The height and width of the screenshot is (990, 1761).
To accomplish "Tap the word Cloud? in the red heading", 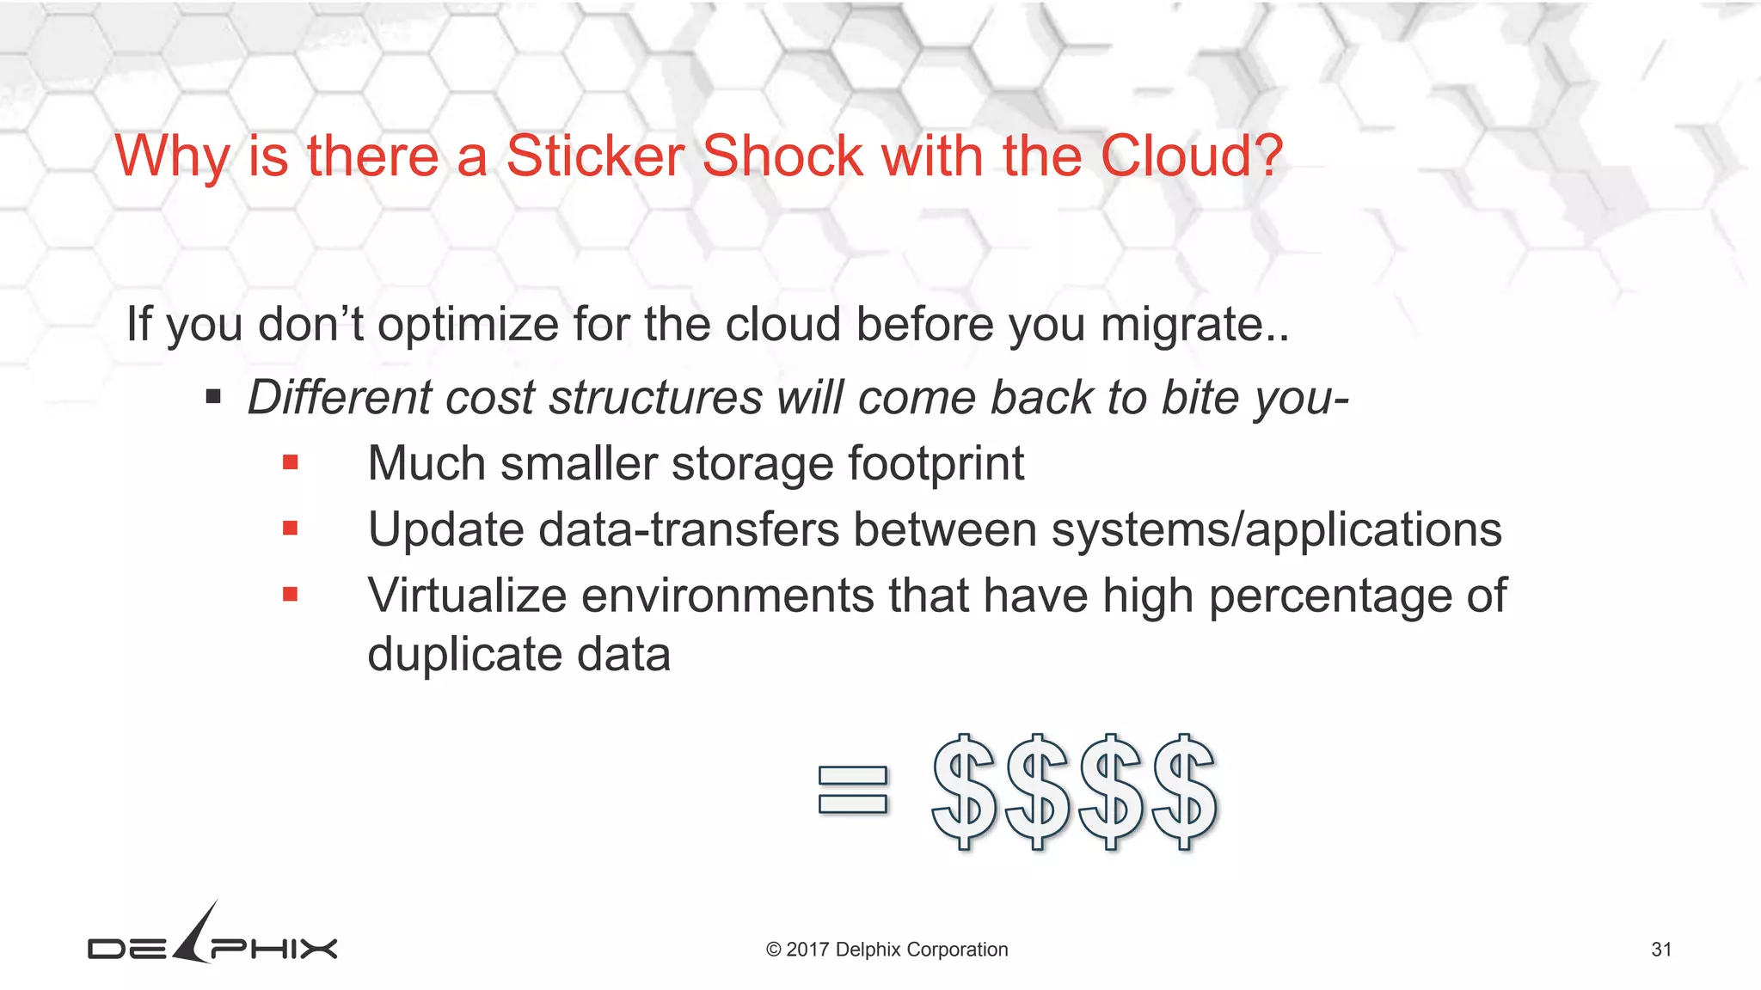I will tap(1191, 156).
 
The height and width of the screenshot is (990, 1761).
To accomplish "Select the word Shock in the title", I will tap(782, 156).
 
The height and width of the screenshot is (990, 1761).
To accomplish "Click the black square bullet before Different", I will tap(213, 397).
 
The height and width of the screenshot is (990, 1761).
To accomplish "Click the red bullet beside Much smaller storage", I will tap(291, 463).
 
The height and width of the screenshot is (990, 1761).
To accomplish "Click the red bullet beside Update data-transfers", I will tap(291, 529).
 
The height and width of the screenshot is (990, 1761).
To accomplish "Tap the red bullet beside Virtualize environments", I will tap(291, 594).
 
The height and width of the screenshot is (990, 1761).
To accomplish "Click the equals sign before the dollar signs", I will tap(852, 790).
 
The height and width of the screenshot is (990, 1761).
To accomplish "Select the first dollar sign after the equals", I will tap(964, 791).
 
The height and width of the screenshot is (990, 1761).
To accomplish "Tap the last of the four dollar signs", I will tap(1185, 791).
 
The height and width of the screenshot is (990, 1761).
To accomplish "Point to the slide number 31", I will tap(1661, 950).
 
